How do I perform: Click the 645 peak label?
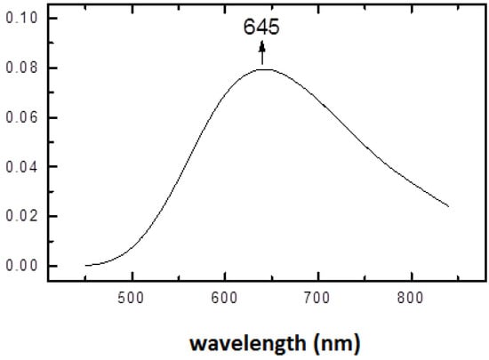coord(261,28)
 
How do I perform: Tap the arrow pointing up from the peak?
coord(261,54)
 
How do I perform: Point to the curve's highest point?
coord(263,69)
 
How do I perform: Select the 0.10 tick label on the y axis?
coord(20,18)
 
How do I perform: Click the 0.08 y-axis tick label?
coord(20,68)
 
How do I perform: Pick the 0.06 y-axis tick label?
coord(20,117)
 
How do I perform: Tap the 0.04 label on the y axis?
coord(20,166)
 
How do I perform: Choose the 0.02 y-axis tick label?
coord(20,216)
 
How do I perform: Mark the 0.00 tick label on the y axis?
coord(20,266)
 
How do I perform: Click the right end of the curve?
coord(448,207)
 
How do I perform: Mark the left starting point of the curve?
coord(85,265)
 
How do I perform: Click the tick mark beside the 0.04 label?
coord(50,166)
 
